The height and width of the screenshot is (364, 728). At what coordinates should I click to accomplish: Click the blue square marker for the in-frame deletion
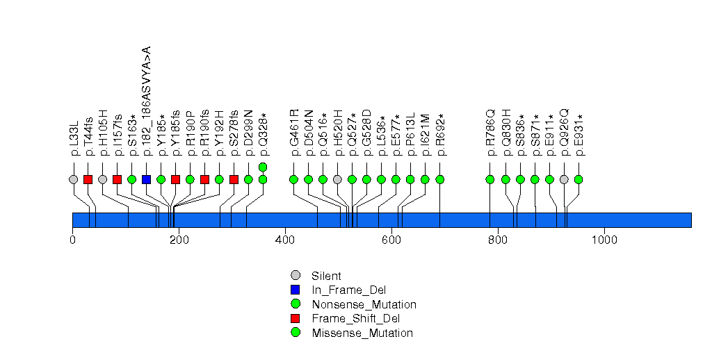(x=146, y=179)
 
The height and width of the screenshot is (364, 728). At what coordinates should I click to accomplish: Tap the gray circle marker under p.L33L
(x=74, y=179)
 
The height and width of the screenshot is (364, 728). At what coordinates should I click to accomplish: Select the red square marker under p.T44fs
(x=88, y=179)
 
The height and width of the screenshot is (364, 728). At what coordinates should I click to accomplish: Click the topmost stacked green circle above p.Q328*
(x=263, y=167)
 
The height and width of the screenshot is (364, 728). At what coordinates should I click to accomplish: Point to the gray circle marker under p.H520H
(x=337, y=179)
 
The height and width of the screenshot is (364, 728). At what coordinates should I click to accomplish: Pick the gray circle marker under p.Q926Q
(x=564, y=179)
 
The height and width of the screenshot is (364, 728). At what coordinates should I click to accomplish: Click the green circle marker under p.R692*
(x=439, y=179)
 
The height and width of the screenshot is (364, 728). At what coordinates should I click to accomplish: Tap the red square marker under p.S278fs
(x=234, y=179)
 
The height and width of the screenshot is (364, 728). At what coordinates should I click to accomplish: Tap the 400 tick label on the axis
(x=285, y=240)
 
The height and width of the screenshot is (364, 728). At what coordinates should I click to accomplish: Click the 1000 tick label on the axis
(x=604, y=240)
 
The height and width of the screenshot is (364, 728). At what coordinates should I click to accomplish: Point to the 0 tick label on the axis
(x=72, y=240)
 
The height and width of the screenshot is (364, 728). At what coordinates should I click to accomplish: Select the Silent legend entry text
(x=326, y=276)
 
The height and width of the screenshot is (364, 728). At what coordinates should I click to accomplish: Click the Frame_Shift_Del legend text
(x=355, y=319)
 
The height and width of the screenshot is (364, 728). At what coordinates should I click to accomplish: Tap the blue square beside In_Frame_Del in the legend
(x=295, y=290)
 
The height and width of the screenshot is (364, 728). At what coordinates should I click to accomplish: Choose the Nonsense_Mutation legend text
(x=364, y=304)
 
